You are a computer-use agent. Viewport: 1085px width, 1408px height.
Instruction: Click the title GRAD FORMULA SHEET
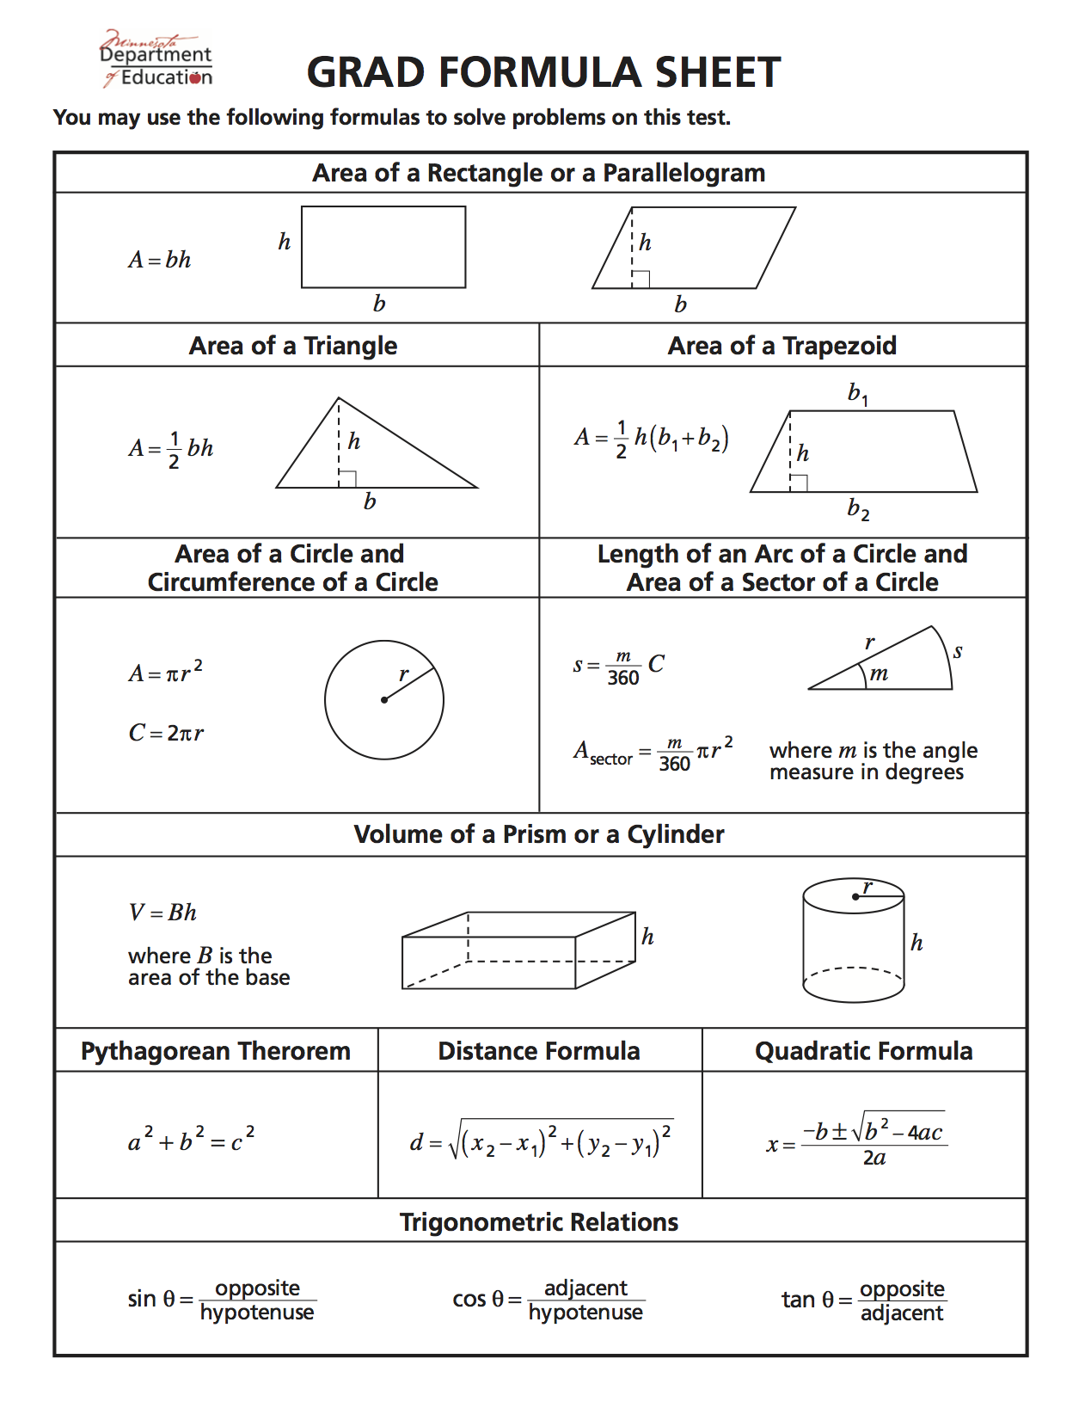(x=543, y=72)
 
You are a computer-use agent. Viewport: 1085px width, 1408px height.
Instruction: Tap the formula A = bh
(x=160, y=260)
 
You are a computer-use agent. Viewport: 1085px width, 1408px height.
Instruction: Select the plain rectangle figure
(x=383, y=247)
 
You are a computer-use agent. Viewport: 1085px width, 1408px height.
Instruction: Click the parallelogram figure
(x=693, y=248)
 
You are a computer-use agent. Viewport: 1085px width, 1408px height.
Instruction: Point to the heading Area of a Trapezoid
(x=782, y=346)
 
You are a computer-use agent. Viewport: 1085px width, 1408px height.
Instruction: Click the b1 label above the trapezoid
(x=857, y=394)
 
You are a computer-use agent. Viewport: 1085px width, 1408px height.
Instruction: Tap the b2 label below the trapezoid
(x=857, y=509)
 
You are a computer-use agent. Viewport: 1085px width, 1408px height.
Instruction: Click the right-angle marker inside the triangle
(x=347, y=479)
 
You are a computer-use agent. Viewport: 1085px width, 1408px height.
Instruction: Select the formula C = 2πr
(x=166, y=733)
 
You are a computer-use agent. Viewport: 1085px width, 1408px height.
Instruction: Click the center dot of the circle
(x=384, y=700)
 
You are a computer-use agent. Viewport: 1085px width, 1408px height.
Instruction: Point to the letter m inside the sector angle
(x=878, y=673)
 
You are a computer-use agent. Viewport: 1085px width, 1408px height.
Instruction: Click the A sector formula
(x=653, y=753)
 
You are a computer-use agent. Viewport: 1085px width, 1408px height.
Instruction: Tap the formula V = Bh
(x=162, y=913)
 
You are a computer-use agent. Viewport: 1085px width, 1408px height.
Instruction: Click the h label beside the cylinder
(x=916, y=943)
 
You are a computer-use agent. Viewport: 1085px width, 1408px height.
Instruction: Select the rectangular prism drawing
(x=518, y=950)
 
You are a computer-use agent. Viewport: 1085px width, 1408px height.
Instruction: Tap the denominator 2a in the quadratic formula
(x=874, y=1159)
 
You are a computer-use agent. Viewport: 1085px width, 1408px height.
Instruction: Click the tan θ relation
(x=862, y=1300)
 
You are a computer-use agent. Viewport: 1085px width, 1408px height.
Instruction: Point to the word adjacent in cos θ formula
(x=585, y=1288)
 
